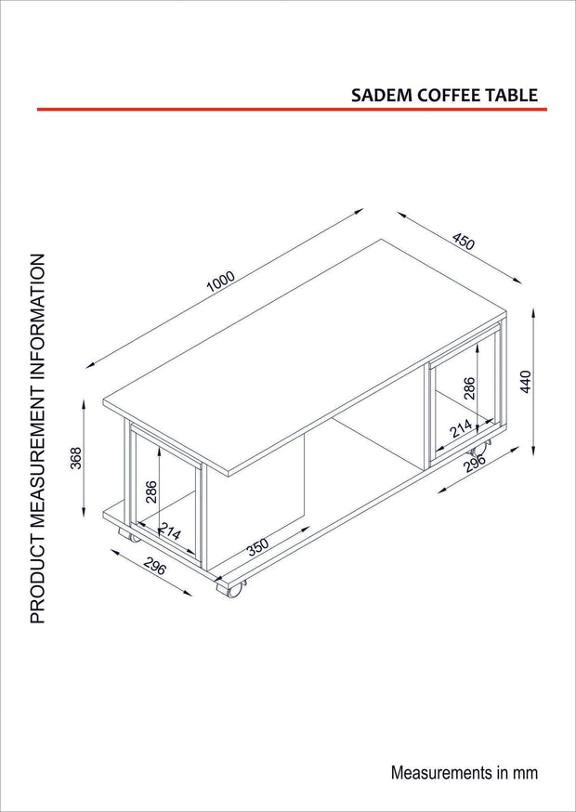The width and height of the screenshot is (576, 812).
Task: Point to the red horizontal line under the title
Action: click(292, 110)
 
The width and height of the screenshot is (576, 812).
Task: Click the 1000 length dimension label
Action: click(221, 282)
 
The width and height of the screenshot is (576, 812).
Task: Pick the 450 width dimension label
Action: click(463, 242)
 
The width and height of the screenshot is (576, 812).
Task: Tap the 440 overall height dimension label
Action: click(526, 382)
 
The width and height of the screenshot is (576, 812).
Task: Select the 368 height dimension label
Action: click(77, 458)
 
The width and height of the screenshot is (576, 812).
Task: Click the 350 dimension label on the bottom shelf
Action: click(257, 547)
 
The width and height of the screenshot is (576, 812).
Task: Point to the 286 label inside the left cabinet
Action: click(151, 491)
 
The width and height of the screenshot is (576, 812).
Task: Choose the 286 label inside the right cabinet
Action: click(469, 387)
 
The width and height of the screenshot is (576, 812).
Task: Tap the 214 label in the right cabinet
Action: click(462, 429)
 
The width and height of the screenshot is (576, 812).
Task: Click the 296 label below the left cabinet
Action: click(154, 568)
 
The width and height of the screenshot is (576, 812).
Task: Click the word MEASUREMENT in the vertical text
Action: click(37, 464)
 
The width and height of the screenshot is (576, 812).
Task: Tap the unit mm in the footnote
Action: click(527, 774)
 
